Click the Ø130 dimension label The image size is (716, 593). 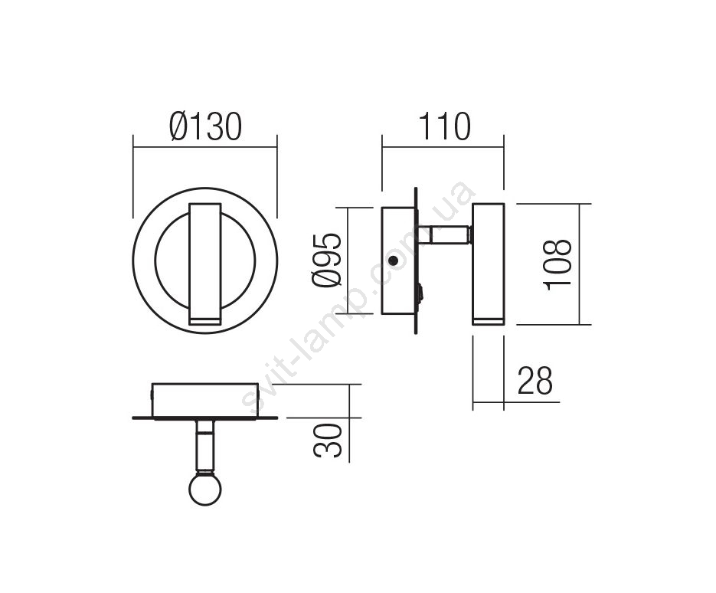205,126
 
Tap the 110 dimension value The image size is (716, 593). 444,126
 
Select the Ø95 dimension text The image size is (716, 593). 327,260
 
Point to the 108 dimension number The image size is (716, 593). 557,264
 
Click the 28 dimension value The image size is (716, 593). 535,380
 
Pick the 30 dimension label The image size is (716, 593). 328,441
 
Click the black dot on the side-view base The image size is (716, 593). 392,260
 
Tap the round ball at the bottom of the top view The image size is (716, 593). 205,488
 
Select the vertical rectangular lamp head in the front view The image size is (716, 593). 205,264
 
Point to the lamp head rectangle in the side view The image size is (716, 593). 488,264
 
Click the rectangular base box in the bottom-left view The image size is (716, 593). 205,400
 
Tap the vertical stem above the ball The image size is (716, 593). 205,446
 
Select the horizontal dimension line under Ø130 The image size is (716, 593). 205,147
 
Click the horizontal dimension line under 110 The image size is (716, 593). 443,147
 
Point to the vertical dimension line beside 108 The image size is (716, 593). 580,264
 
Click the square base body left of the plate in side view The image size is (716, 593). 399,260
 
